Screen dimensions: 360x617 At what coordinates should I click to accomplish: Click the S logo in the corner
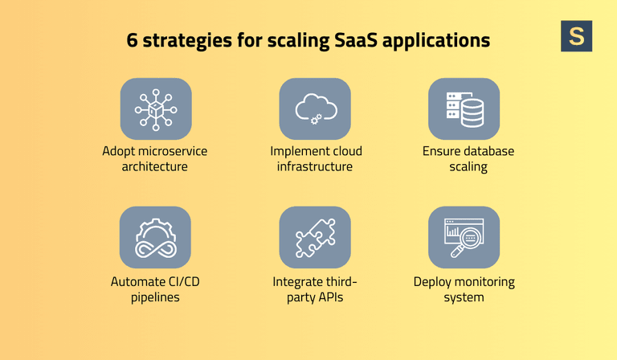coord(576,36)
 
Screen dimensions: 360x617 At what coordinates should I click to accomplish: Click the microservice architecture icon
coord(155,108)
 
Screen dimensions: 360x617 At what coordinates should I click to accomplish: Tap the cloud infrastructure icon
coord(314,108)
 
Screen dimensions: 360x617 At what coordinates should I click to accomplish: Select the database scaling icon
coord(464,108)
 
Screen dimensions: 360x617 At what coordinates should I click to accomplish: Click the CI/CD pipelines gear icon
coord(155,237)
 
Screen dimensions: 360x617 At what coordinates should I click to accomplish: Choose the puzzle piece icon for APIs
coord(314,237)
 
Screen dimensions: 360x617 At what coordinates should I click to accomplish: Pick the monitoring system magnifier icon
coord(464,237)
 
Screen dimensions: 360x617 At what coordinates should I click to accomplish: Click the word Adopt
coord(119,152)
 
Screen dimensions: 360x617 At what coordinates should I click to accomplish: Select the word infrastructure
coord(315,167)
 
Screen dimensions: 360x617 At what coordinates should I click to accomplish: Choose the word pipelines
coord(155,298)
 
